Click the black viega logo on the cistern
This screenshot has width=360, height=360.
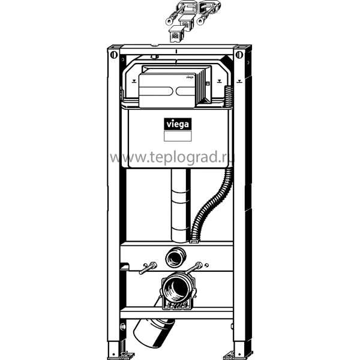[x=178, y=124]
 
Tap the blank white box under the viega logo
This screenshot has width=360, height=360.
[x=178, y=136]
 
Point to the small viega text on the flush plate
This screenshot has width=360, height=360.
[x=190, y=77]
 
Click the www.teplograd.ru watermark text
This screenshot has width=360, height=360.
[x=172, y=157]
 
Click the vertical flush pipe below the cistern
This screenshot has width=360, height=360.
[x=181, y=205]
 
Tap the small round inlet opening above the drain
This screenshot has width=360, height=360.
[x=176, y=257]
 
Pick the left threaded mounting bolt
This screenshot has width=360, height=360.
[x=148, y=268]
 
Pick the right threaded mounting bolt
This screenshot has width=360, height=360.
[x=193, y=268]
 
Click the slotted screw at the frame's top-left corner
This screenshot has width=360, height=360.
[x=114, y=55]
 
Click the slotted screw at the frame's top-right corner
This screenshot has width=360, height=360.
[x=239, y=55]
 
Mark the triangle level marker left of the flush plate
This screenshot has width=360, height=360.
[x=134, y=81]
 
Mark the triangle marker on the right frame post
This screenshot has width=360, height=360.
[x=239, y=81]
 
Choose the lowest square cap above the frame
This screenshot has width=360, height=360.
[x=176, y=34]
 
